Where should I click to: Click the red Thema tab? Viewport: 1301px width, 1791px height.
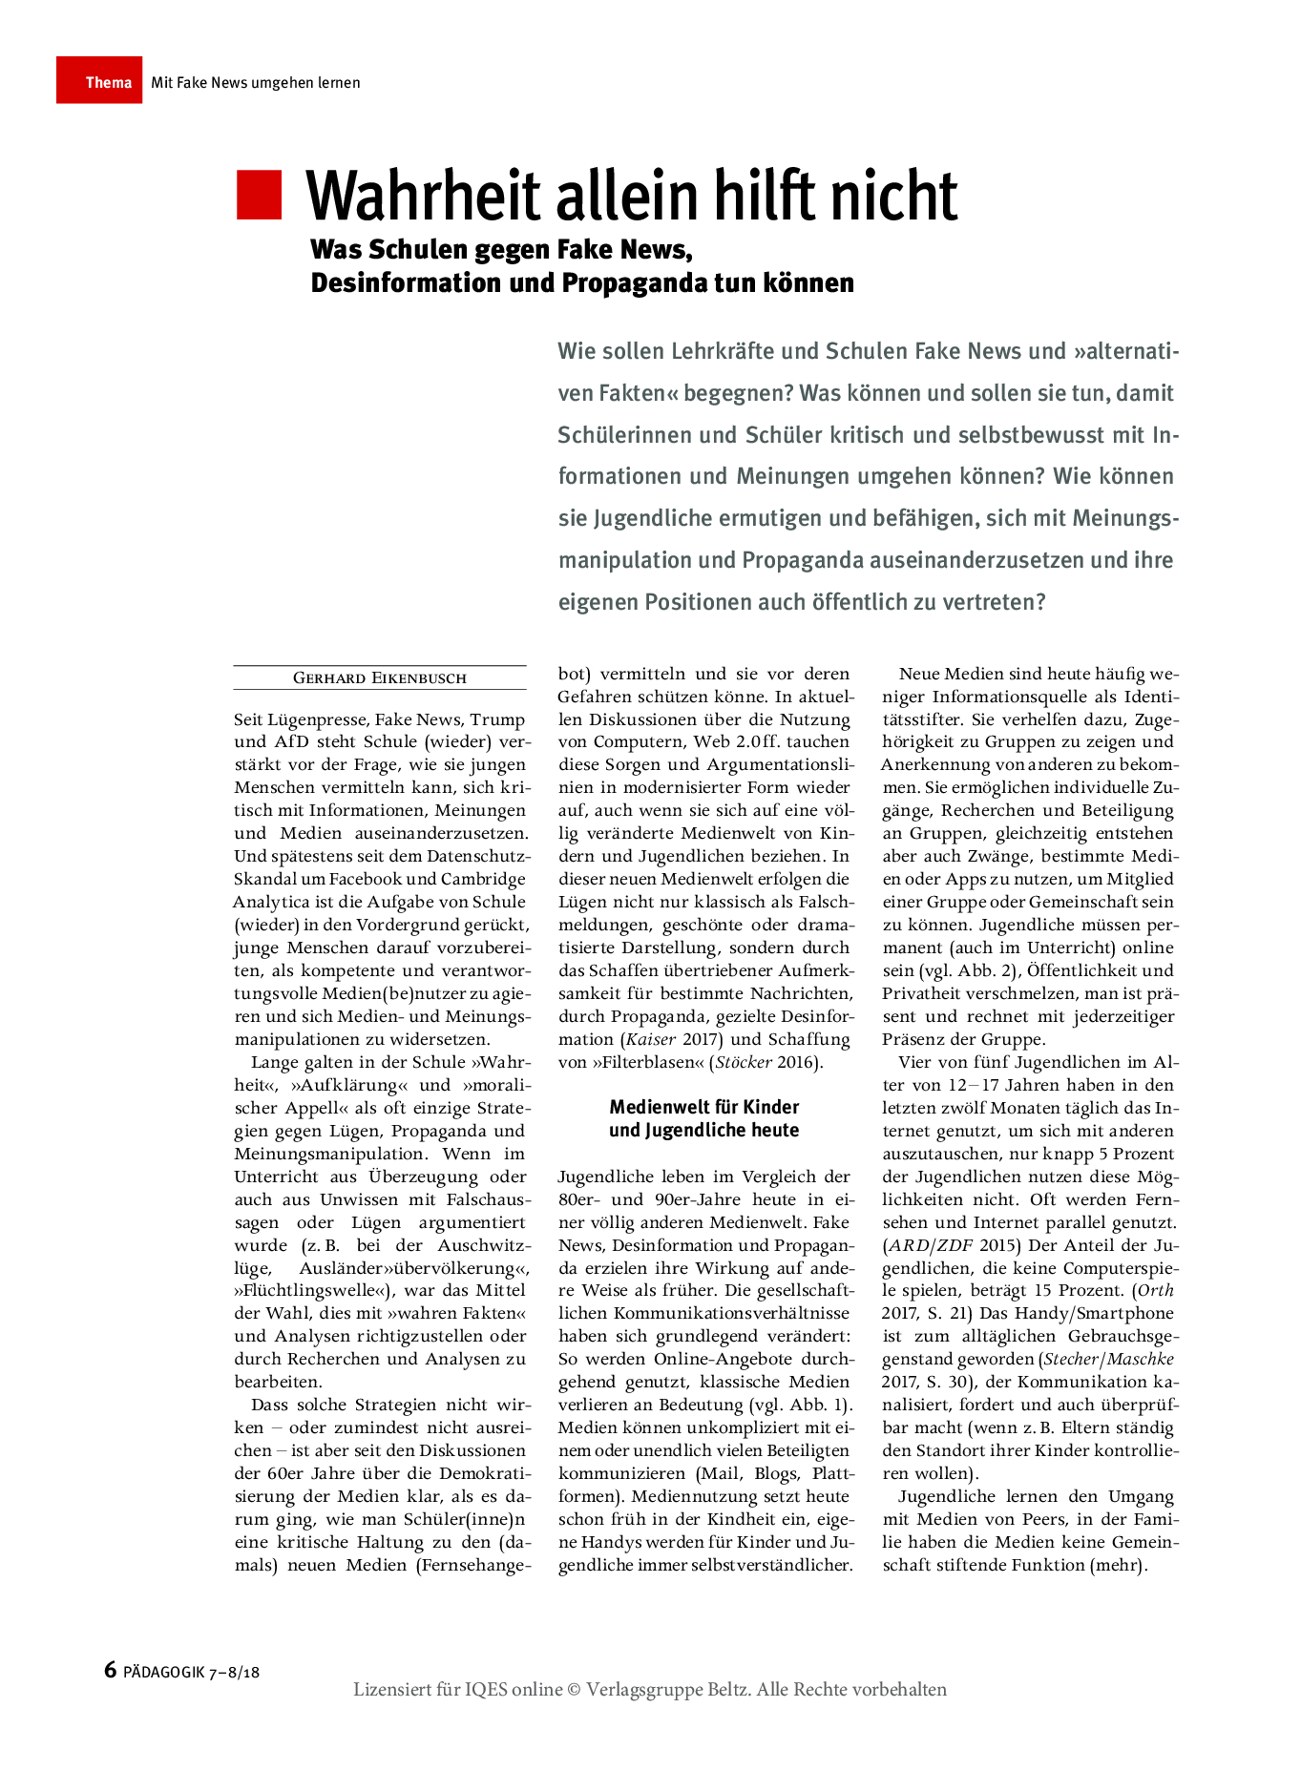pyautogui.click(x=99, y=81)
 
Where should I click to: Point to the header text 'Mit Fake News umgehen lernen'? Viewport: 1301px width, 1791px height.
pyautogui.click(x=255, y=83)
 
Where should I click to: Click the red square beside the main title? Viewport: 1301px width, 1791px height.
pyautogui.click(x=260, y=196)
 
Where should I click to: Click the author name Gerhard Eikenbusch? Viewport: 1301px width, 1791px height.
pyautogui.click(x=380, y=678)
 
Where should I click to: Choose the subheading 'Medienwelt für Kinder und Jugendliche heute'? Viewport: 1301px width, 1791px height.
pyautogui.click(x=704, y=1118)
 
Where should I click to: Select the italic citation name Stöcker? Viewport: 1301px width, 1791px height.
pyautogui.click(x=745, y=1062)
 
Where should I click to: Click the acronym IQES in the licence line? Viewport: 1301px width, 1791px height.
pyautogui.click(x=486, y=1690)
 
